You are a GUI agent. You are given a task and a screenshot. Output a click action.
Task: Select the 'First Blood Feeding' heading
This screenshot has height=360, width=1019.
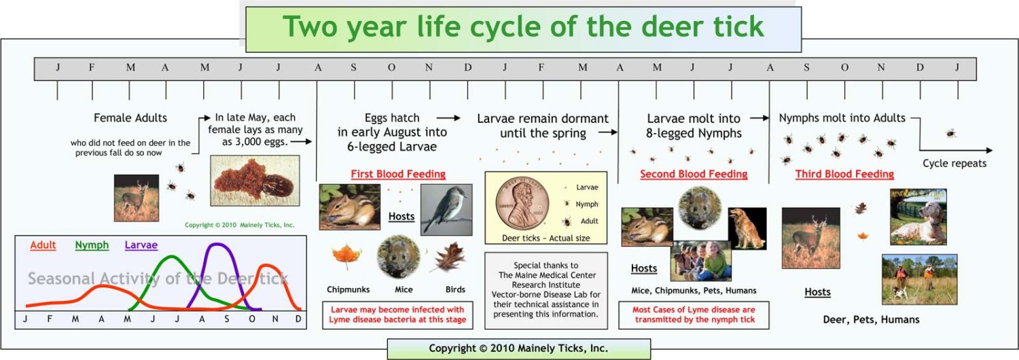coord(398,174)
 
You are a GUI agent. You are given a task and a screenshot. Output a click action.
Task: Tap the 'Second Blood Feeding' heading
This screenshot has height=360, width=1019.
coord(694,174)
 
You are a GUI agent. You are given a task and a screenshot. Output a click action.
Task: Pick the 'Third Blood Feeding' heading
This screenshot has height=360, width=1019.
coord(844,174)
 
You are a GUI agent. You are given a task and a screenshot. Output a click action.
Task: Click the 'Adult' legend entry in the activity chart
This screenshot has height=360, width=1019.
coord(43,245)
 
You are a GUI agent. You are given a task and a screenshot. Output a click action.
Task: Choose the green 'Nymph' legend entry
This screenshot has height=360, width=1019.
coord(92,245)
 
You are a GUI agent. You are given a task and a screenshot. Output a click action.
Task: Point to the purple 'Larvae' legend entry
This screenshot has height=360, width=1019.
coord(141,245)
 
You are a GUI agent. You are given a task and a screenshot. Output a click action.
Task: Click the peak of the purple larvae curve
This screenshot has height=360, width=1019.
coord(218,245)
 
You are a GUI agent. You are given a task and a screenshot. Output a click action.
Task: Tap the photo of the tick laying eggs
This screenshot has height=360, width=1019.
coord(255,181)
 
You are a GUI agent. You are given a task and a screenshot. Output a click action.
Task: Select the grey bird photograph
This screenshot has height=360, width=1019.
coord(446,209)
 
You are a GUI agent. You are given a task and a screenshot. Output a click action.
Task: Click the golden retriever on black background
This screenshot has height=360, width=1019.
coord(747,228)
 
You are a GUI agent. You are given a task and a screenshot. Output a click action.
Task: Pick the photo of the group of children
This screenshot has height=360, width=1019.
coord(700,261)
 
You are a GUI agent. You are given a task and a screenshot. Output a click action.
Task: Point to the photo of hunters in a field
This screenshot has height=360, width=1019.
coord(919,279)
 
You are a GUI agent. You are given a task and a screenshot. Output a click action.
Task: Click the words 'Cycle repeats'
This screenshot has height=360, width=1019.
coord(954,164)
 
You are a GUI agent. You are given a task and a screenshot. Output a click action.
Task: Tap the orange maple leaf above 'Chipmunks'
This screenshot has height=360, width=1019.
coord(346,257)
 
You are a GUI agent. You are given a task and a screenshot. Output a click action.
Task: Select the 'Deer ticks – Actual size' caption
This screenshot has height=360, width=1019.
coord(546,238)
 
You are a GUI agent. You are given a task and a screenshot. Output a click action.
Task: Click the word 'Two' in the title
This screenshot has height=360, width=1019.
coord(311,26)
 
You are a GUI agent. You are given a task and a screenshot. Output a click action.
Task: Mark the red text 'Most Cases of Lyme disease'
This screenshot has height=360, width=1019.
coord(694,310)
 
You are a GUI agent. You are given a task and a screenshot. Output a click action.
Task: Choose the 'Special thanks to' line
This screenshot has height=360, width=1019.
coord(546,265)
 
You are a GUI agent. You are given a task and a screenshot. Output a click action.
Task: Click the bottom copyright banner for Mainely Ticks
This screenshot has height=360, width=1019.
coord(518,348)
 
